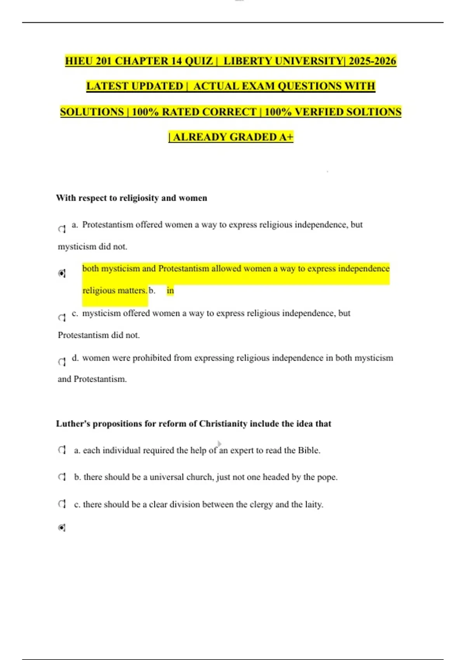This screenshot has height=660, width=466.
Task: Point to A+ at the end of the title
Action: (x=286, y=137)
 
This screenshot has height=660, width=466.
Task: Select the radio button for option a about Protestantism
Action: (x=62, y=229)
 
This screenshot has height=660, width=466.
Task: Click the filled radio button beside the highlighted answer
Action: (x=62, y=273)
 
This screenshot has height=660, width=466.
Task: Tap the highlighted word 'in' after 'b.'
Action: (x=170, y=290)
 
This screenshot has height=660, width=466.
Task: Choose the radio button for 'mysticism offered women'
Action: (x=62, y=318)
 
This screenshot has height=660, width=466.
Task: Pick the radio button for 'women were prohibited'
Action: (x=62, y=362)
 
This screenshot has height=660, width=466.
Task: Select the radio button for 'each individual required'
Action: (x=62, y=450)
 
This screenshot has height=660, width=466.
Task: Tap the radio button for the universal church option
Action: (x=62, y=477)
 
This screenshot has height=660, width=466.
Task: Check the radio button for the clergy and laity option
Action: (x=62, y=504)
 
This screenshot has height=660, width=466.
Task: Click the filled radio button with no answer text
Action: (x=62, y=528)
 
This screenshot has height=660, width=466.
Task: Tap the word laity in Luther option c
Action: (x=313, y=504)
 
